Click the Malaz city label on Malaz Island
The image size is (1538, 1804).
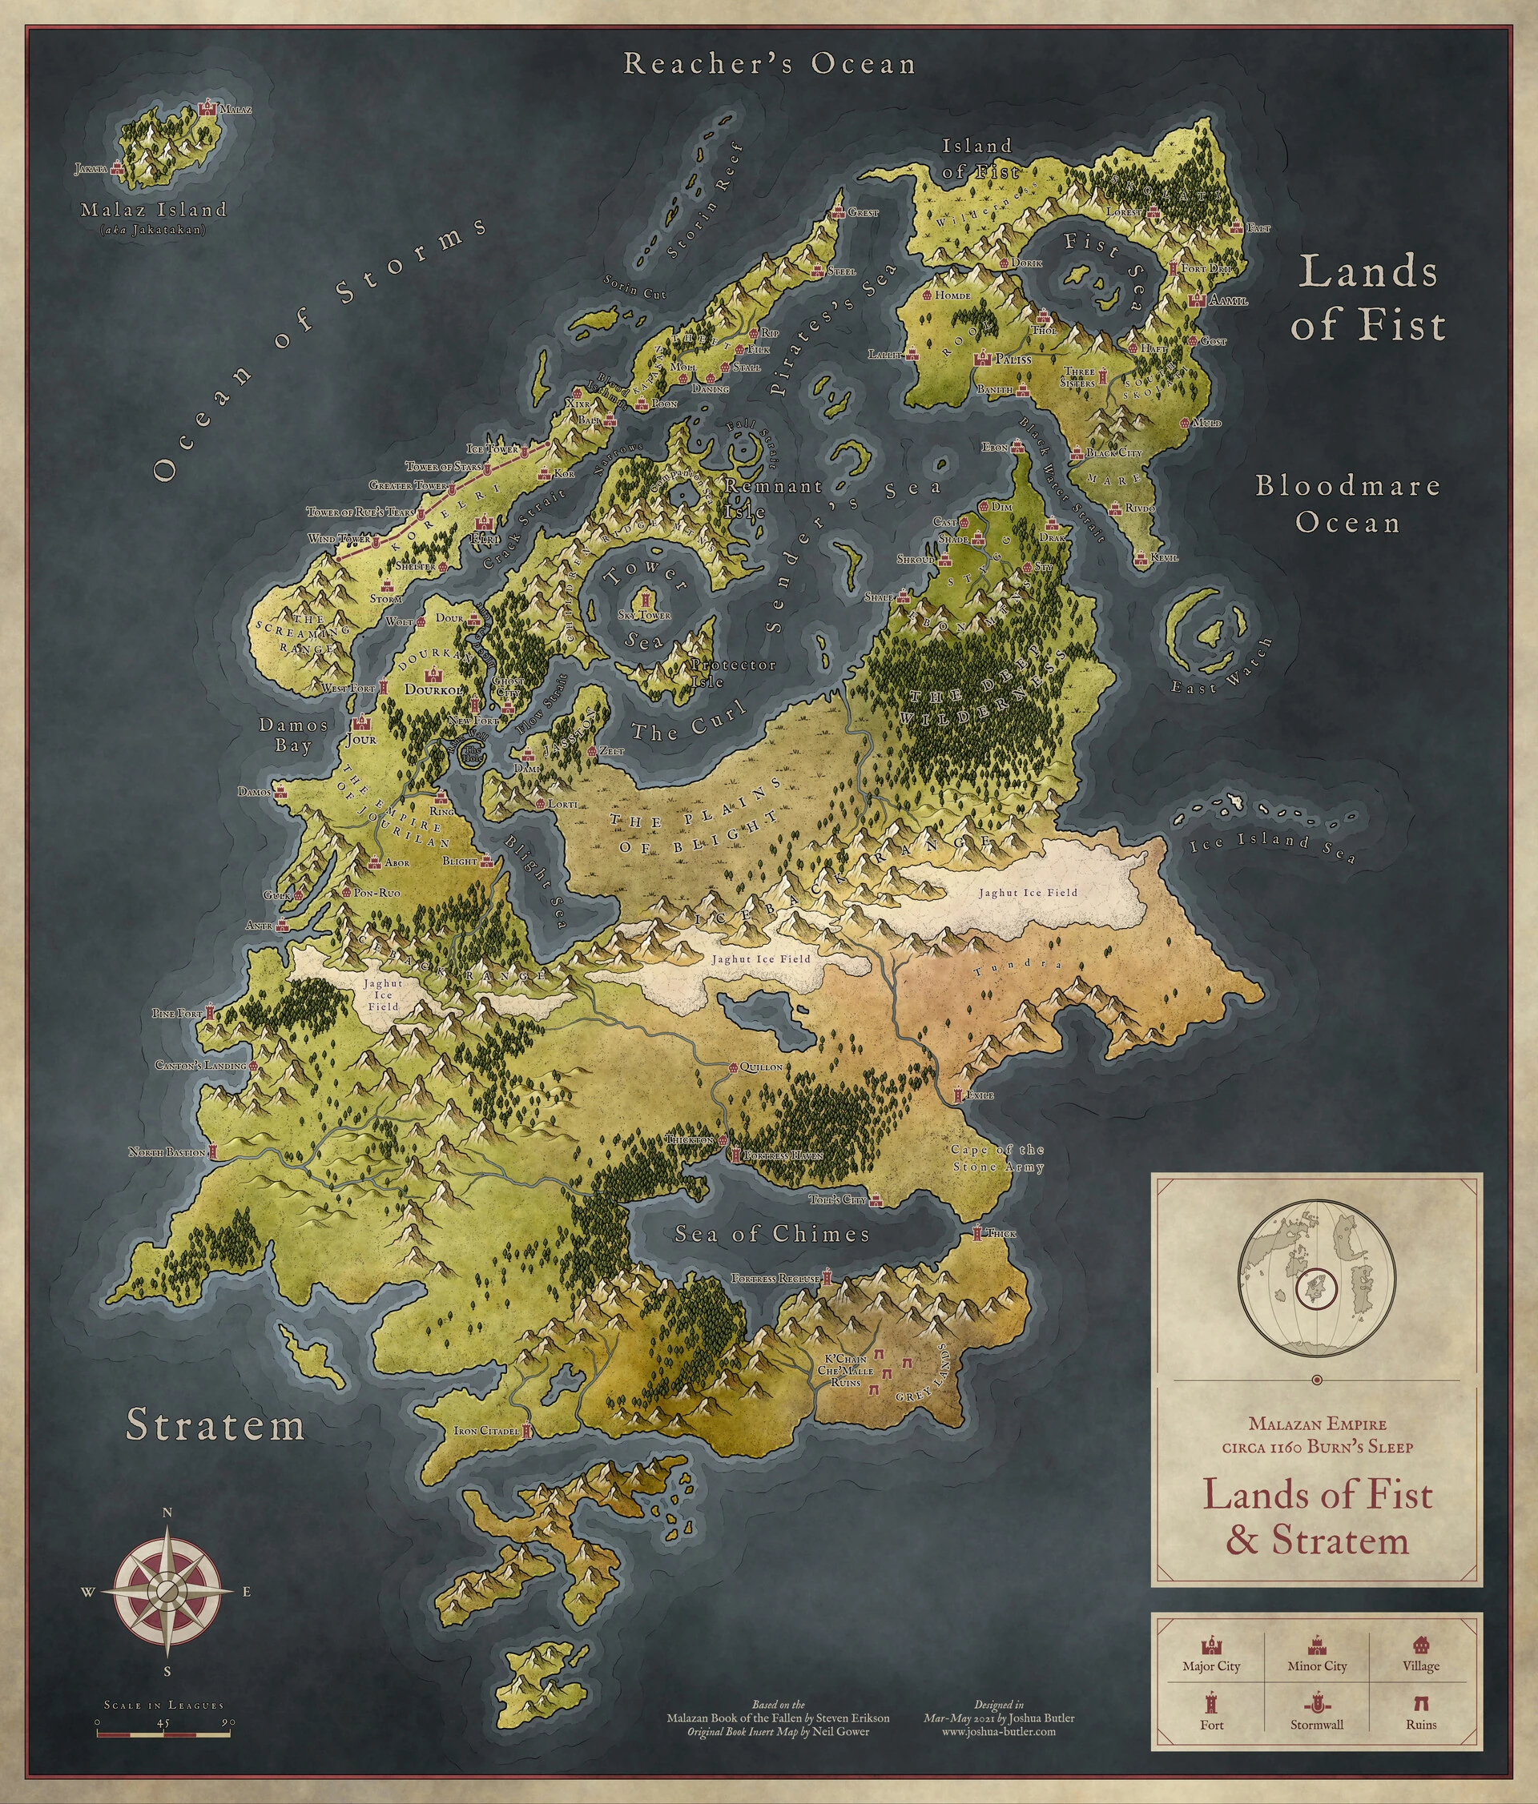tap(236, 110)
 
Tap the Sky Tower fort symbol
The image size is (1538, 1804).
tap(646, 601)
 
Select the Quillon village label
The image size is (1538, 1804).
tap(760, 1067)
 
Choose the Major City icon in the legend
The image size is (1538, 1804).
tap(1210, 1645)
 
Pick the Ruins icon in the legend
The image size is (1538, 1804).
tap(1420, 1704)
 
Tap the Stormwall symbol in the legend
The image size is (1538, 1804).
tap(1316, 1704)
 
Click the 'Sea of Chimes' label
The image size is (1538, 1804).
tap(772, 1234)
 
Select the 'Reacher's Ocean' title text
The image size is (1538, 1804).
tap(770, 64)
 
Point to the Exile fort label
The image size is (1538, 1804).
tap(980, 1095)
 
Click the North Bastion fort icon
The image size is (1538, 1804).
tap(212, 1151)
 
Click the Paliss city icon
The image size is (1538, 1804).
tap(985, 358)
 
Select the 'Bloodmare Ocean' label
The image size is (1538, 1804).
tap(1347, 504)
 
